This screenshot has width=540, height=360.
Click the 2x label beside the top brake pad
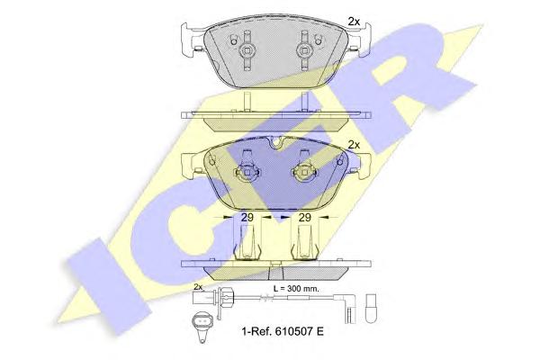(354, 22)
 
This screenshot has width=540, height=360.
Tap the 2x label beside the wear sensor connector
(198, 286)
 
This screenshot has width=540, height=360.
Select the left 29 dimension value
(247, 218)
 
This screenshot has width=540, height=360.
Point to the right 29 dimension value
(304, 218)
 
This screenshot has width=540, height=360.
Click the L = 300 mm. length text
(296, 289)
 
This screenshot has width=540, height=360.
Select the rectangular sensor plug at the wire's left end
(200, 297)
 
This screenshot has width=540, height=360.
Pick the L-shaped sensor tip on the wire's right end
(349, 307)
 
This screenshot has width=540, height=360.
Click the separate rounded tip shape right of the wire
(372, 309)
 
